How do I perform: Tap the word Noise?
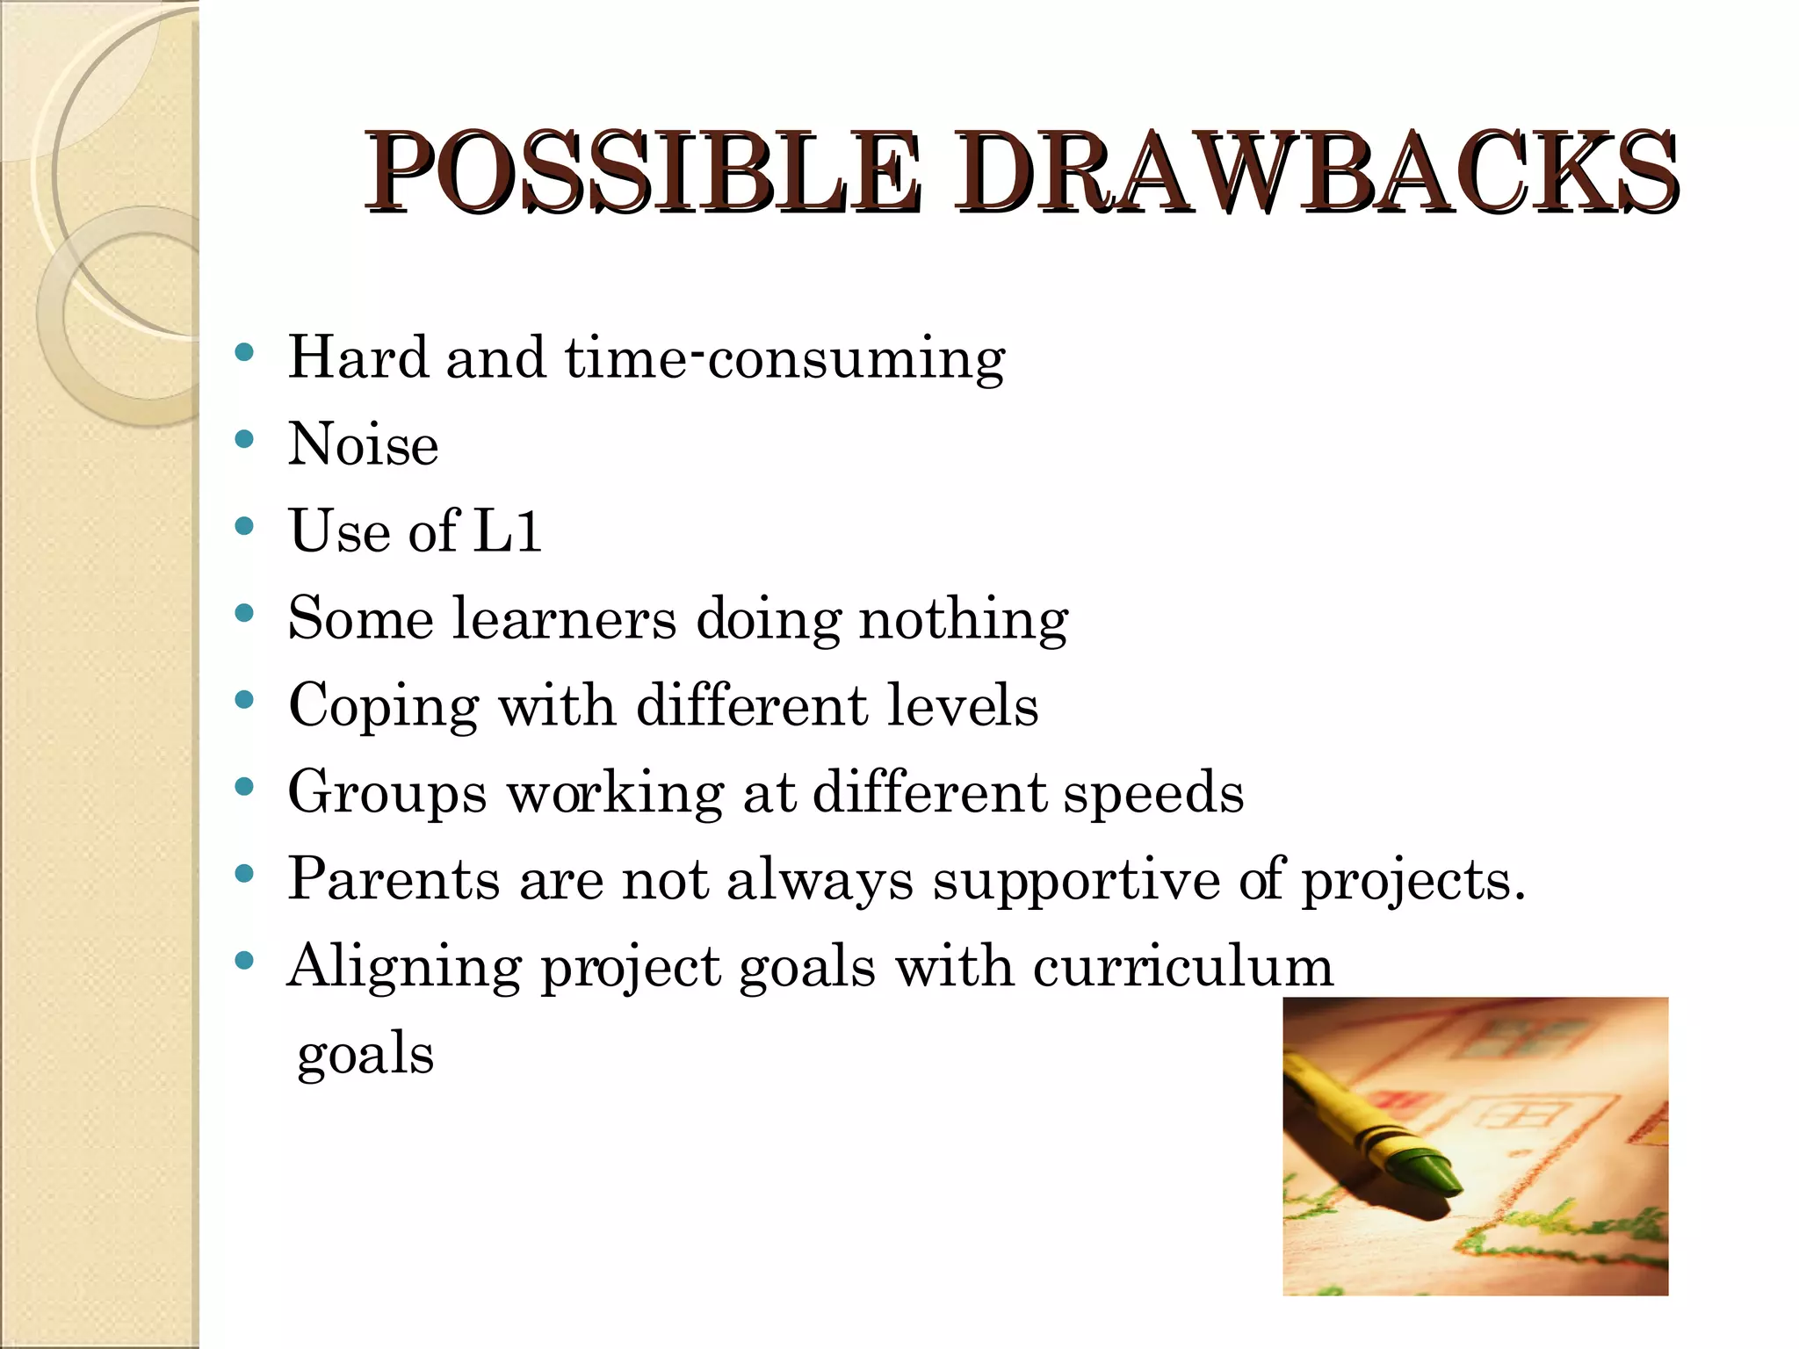click(363, 444)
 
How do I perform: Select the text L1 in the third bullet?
click(507, 531)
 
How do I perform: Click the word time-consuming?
click(784, 358)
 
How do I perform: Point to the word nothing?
click(963, 619)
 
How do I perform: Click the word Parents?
click(394, 879)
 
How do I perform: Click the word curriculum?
click(1182, 967)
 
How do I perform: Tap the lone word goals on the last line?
click(365, 1054)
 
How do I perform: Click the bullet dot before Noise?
click(245, 439)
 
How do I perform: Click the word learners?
click(564, 619)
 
